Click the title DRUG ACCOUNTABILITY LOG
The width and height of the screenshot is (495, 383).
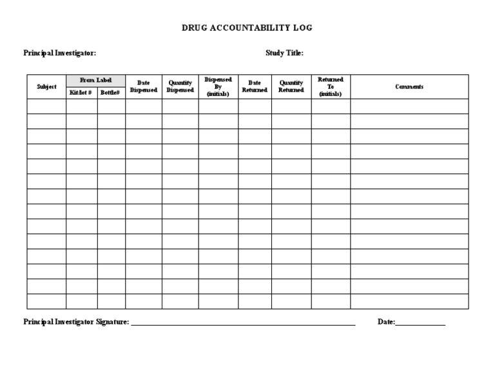coord(247,28)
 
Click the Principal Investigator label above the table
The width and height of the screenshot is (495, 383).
coord(60,54)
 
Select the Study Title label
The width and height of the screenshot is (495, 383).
coord(284,54)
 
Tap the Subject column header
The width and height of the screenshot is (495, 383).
coord(46,86)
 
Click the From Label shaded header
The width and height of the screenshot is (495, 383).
coord(95,80)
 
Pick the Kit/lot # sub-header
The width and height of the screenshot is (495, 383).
coord(81,93)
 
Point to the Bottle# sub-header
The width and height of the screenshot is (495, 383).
coord(111,93)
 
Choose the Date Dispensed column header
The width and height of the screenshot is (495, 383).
coord(144,86)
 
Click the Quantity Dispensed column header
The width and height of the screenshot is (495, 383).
coord(180,86)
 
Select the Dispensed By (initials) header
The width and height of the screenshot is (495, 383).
coord(218,86)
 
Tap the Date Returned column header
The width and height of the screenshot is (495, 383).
coord(255,86)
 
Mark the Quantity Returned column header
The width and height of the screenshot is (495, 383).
coord(291,86)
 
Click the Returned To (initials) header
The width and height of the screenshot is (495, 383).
coord(331,86)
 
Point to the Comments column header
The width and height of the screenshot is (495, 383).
coord(409,86)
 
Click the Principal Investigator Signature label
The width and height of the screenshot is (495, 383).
coord(76,322)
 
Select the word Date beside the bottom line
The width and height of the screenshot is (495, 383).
coord(385,322)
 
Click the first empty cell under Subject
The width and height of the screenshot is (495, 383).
coord(46,106)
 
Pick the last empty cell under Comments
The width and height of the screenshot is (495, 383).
coord(409,301)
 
